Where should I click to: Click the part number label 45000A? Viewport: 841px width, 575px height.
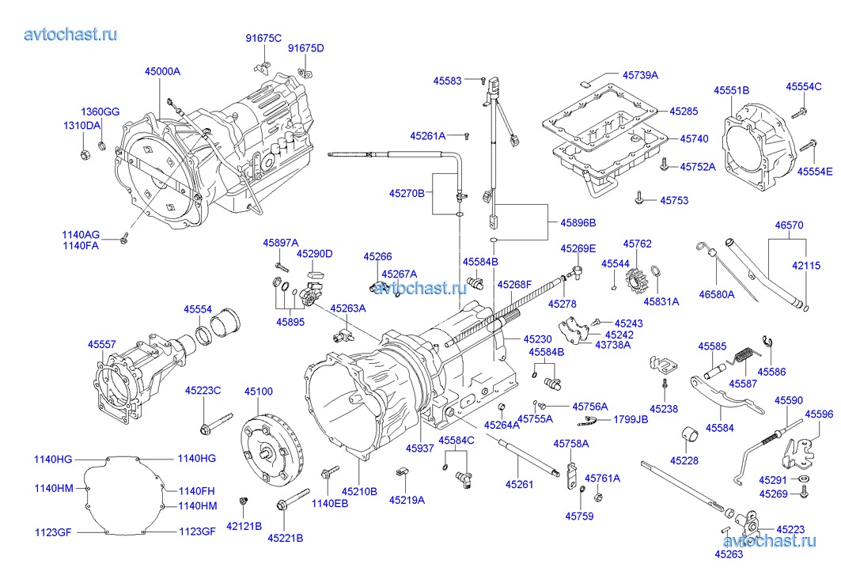pos(162,71)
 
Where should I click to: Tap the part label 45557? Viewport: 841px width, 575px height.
pos(101,345)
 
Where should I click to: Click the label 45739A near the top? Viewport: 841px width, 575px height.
pos(640,75)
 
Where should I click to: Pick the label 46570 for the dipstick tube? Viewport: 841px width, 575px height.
pos(788,225)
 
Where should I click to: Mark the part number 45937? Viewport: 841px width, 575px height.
pos(420,448)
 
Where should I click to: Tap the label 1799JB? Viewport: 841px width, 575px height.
pos(631,420)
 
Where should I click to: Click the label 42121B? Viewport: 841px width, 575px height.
pos(244,525)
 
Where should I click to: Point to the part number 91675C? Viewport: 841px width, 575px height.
pos(263,38)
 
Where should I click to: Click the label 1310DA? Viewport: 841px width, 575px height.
pos(81,126)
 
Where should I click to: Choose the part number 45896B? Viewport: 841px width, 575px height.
pos(578,223)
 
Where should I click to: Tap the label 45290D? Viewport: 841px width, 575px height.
pos(315,254)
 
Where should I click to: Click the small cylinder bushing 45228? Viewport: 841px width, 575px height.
pos(690,434)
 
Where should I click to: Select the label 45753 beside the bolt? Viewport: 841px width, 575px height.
pos(674,201)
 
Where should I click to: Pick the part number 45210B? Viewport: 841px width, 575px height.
pos(359,492)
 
